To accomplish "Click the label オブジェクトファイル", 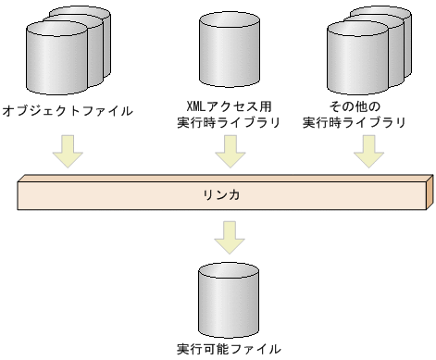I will click(x=68, y=110).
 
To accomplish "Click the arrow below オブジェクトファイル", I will click(x=67, y=151).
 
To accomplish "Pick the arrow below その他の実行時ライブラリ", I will click(x=368, y=151).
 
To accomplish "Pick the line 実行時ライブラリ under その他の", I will click(x=355, y=122).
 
